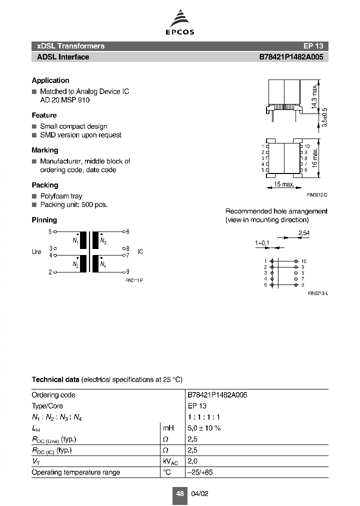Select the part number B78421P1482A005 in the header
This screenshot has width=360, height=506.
click(x=290, y=57)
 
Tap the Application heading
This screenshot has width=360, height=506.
click(x=50, y=80)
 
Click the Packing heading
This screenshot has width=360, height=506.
click(x=45, y=185)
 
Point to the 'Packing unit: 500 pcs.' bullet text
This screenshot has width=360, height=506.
click(x=73, y=204)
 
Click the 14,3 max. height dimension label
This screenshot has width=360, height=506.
click(x=314, y=95)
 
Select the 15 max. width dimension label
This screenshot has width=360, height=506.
click(x=284, y=184)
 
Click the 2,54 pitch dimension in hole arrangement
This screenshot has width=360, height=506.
click(x=303, y=233)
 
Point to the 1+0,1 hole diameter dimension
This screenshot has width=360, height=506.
click(x=262, y=243)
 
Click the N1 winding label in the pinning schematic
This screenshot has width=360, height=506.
click(x=75, y=241)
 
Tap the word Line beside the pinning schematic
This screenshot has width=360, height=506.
click(x=36, y=252)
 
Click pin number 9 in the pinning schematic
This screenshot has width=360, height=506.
click(x=128, y=272)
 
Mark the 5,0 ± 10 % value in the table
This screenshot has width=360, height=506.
click(x=204, y=428)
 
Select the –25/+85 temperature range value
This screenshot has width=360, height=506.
click(x=200, y=472)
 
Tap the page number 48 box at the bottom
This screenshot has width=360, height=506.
click(x=180, y=493)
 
